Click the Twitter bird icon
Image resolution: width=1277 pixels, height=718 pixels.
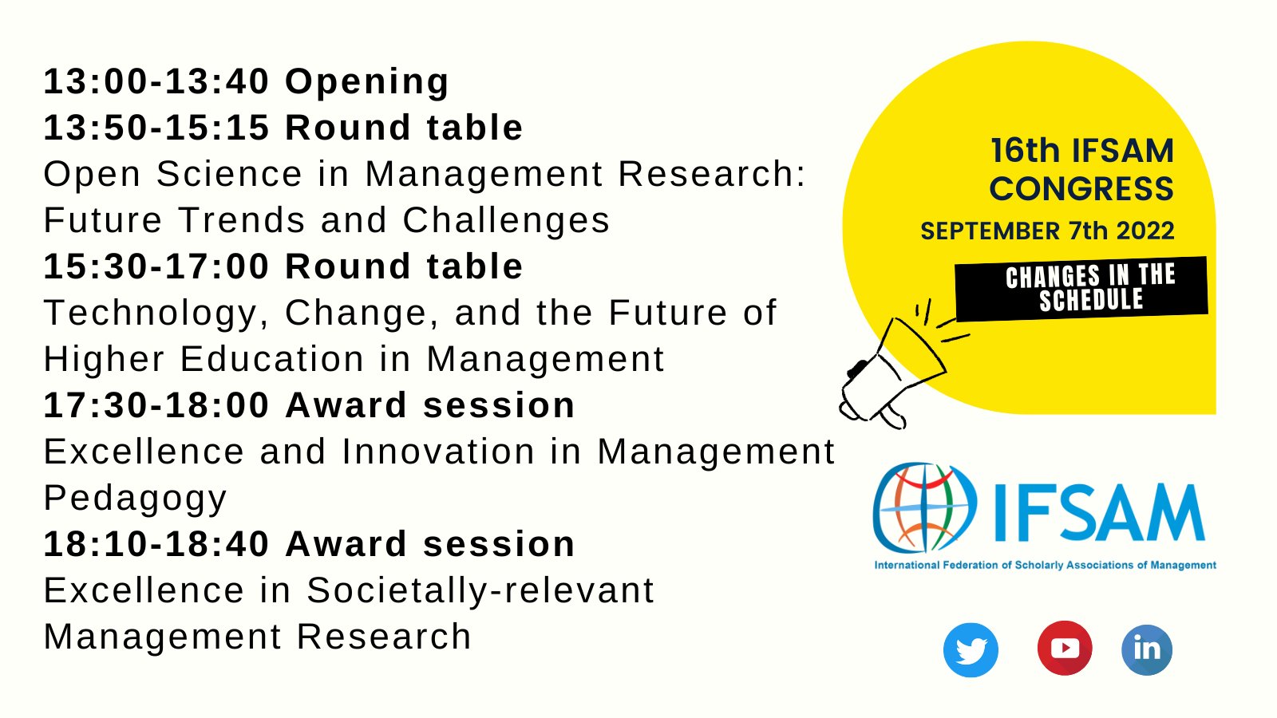tap(971, 650)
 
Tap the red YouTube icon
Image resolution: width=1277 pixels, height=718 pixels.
tap(1065, 648)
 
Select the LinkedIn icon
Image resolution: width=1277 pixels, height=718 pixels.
tap(1147, 649)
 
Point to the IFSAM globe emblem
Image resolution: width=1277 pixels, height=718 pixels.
tap(924, 507)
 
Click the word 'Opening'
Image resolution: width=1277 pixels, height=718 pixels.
tap(367, 81)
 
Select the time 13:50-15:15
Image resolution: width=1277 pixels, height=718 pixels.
tap(156, 128)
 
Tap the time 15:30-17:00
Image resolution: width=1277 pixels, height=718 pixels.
tap(156, 266)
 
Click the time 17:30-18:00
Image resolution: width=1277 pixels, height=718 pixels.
tap(156, 405)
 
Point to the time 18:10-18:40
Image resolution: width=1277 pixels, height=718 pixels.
tap(156, 544)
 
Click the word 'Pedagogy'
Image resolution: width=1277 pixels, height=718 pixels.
tap(135, 499)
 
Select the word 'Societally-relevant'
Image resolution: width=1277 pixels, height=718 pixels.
tap(480, 590)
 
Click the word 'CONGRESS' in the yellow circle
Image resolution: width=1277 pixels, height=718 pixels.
tap(1081, 189)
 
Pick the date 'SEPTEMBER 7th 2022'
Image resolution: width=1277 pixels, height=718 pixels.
tap(1047, 231)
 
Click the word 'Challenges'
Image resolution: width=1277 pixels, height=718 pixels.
tap(506, 220)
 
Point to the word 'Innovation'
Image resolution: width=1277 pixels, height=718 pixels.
tap(438, 452)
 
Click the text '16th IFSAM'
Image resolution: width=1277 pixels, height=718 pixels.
tap(1081, 151)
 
